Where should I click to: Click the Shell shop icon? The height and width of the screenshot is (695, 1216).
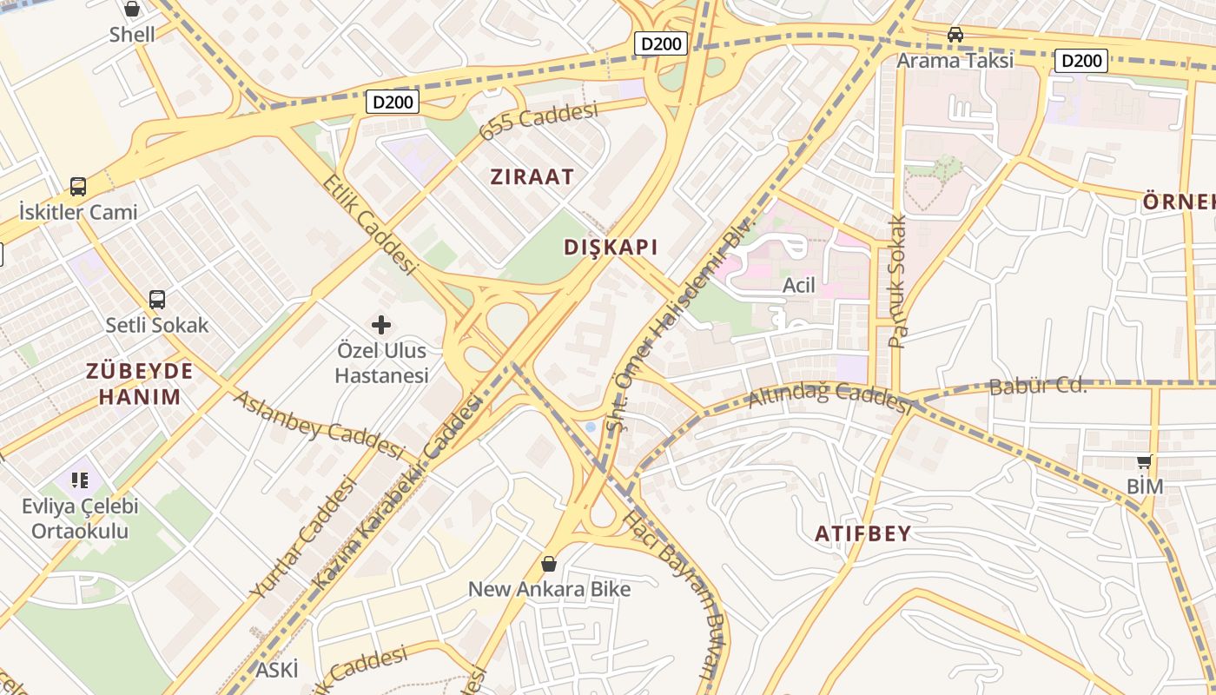pos(132,10)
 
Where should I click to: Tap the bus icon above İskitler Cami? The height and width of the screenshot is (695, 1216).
pos(78,186)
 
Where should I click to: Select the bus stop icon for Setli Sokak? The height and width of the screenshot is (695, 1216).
pos(157,300)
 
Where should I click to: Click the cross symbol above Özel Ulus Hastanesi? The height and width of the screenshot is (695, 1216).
pos(381,325)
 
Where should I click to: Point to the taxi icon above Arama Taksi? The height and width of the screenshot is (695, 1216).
pos(955,35)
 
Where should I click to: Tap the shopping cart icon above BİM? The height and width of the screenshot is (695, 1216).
pos(1145,461)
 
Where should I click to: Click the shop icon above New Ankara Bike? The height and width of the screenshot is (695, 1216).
pos(549,564)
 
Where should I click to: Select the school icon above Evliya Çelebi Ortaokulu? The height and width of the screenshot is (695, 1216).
pos(80,480)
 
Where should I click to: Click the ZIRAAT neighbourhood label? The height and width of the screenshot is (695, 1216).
pos(532,177)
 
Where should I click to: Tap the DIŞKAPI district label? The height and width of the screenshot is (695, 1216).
pos(611,247)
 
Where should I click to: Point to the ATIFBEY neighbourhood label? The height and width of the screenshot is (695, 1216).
pos(862,534)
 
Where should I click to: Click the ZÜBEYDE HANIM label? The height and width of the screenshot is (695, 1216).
pos(140,384)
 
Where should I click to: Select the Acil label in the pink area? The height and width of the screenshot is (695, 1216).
pos(799,285)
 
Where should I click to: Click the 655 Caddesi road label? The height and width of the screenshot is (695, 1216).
pos(539,121)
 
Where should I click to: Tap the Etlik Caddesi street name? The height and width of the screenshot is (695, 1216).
pos(369,223)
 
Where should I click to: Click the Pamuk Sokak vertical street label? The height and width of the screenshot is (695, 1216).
pos(897,282)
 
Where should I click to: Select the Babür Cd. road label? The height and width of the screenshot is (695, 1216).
pos(1038,386)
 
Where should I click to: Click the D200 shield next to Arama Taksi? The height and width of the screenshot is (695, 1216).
pos(1081,61)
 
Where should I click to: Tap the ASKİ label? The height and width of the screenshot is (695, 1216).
pos(276,670)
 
